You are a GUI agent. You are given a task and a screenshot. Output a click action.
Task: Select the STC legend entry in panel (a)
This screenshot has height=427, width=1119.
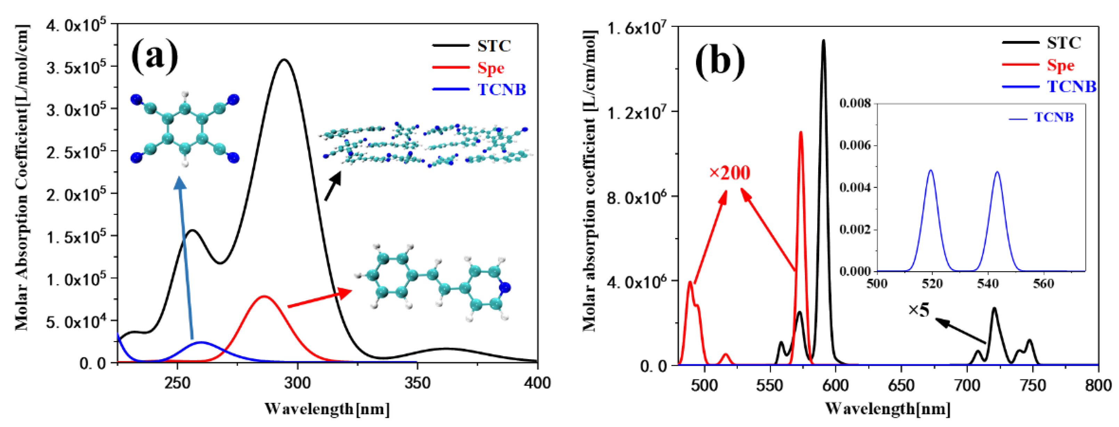click(494, 46)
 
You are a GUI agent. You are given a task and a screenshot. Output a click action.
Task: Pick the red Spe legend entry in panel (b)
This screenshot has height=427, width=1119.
click(1060, 65)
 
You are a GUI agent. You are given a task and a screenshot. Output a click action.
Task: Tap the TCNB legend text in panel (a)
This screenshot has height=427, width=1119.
click(502, 89)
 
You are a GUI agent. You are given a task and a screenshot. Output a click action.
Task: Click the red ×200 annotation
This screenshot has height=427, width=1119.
click(729, 173)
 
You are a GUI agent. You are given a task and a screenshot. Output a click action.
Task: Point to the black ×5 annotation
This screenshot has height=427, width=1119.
click(918, 310)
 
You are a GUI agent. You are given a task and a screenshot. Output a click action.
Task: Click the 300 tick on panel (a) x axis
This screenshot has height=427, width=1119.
click(297, 383)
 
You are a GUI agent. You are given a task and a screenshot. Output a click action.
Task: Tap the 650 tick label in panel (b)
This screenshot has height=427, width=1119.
click(901, 385)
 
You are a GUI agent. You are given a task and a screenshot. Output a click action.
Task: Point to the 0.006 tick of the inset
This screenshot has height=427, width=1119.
click(855, 145)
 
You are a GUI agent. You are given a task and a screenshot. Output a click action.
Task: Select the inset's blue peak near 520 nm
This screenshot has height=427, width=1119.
click(931, 171)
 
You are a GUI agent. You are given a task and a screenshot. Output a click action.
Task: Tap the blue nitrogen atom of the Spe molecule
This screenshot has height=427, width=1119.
click(505, 287)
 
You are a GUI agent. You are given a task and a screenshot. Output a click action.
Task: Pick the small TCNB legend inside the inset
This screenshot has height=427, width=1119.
click(1053, 117)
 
